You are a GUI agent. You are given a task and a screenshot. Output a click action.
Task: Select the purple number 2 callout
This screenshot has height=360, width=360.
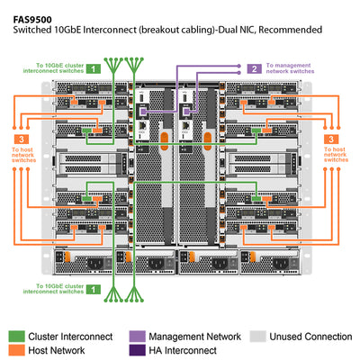[255, 67]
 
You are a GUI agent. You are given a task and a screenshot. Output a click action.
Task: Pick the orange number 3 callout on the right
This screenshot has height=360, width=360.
[332, 139]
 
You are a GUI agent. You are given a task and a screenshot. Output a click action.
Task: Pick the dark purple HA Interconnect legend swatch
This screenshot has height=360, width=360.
[138, 349]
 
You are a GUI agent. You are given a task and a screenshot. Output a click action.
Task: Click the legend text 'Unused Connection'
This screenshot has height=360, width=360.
[310, 335]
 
